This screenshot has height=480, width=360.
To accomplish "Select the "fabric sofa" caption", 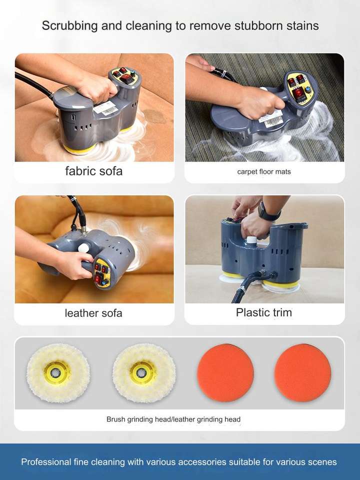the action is (93, 171).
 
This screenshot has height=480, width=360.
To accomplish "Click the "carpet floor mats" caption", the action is (264, 171).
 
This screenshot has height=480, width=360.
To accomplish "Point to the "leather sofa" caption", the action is (93, 313).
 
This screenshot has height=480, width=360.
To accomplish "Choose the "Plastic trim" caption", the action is (264, 312).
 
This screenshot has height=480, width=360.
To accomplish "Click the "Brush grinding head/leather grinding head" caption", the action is (173, 419).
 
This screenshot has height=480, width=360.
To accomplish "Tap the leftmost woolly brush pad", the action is (58, 373).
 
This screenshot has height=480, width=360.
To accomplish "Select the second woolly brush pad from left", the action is (144, 373).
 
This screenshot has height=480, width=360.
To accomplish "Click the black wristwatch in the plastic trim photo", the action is (267, 211).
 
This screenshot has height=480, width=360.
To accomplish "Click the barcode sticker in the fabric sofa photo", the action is (105, 108).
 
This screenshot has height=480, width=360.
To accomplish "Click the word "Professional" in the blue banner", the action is (46, 462).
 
